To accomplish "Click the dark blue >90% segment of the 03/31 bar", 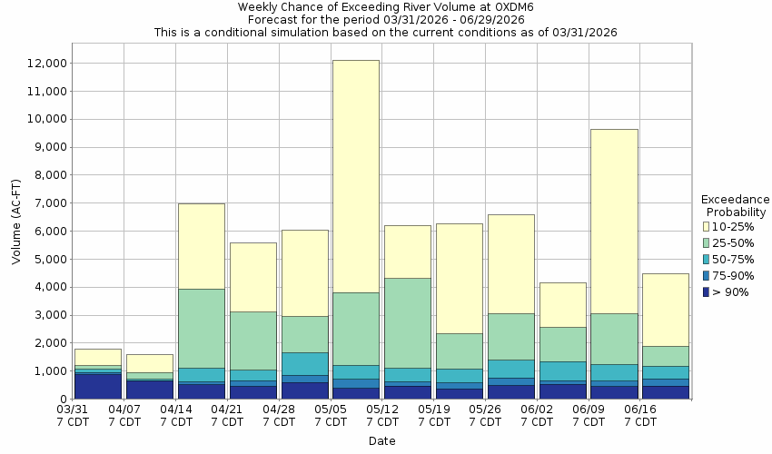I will (98, 386).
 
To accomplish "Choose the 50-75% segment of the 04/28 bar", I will (304, 363).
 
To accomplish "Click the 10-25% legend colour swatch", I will (707, 226).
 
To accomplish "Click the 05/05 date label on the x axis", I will (331, 416).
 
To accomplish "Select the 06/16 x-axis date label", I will (641, 416).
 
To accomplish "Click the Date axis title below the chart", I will (381, 441).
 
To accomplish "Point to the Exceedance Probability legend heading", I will (736, 205).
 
